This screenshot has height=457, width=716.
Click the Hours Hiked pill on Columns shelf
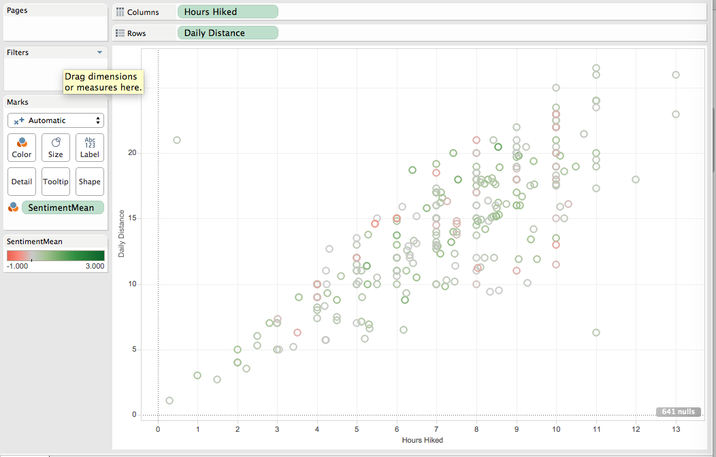pos(227,12)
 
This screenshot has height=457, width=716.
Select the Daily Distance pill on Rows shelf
pos(227,33)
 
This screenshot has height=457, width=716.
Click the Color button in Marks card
pos(22,148)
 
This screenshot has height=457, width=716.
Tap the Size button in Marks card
pos(56,148)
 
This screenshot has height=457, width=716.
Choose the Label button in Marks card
pos(90,148)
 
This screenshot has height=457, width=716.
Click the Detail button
pos(22,182)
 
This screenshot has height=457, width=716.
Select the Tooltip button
pos(56,182)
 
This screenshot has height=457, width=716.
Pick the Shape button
pos(90,182)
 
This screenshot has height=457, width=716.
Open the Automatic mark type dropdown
pos(56,120)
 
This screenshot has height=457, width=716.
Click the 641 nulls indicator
pos(678,411)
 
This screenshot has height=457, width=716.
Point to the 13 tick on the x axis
pos(676,429)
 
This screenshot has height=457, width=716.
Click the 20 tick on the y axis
pos(132,153)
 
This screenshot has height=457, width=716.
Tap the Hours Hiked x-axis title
pos(423,440)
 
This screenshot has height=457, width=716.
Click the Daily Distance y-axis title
pos(121,233)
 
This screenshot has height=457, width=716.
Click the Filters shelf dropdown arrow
pos(99,52)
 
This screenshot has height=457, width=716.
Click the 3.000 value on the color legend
pos(95,266)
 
